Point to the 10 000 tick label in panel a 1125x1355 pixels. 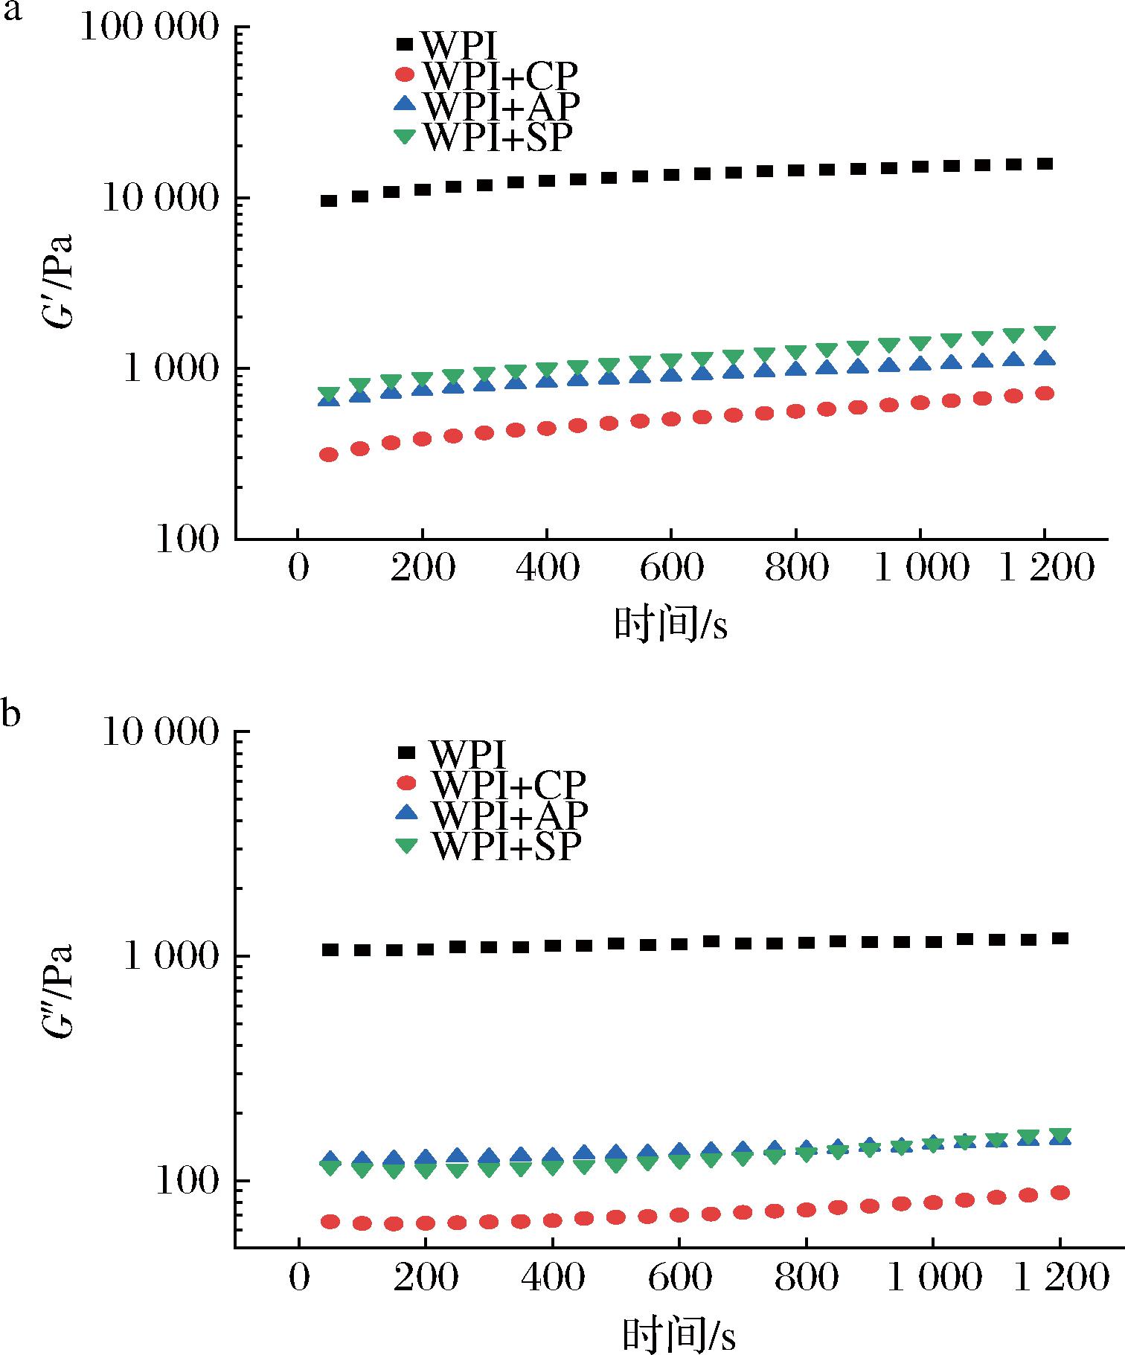pyautogui.click(x=160, y=199)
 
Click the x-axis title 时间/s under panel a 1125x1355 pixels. pyautogui.click(x=670, y=624)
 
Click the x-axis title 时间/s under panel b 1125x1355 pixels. pyautogui.click(x=678, y=1334)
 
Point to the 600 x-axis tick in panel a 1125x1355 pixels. pyautogui.click(x=671, y=569)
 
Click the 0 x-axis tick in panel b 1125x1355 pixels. pyautogui.click(x=298, y=1278)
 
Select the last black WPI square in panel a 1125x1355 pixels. pyautogui.click(x=1045, y=164)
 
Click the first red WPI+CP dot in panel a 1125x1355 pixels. pyautogui.click(x=329, y=455)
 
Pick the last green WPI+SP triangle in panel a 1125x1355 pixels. pyautogui.click(x=1045, y=333)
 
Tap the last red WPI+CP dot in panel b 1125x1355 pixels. pyautogui.click(x=1059, y=1193)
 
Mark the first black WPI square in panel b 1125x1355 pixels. pyautogui.click(x=330, y=949)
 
